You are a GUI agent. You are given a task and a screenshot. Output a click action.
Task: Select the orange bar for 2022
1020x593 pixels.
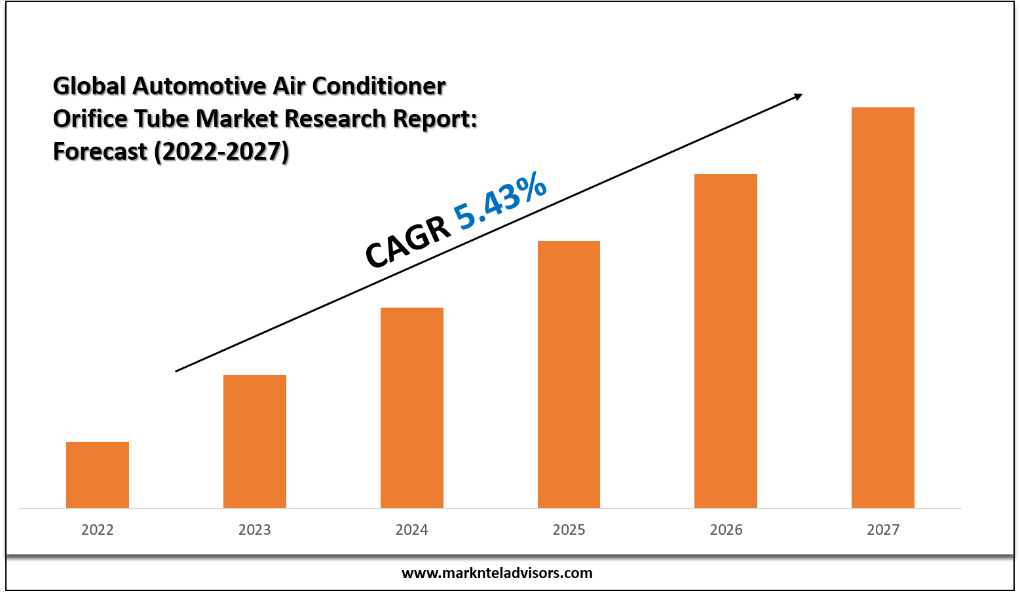[x=98, y=475]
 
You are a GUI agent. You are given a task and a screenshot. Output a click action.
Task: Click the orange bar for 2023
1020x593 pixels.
[x=255, y=441]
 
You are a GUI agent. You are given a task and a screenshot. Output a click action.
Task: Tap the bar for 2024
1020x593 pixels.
[x=412, y=407]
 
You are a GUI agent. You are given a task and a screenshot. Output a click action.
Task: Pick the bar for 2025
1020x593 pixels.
[x=569, y=374]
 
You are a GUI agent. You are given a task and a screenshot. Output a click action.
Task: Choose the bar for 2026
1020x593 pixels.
[x=726, y=340]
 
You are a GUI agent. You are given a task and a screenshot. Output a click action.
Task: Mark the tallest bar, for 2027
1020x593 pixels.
[x=883, y=307]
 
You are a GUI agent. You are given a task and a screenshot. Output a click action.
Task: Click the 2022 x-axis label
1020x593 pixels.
[x=98, y=530]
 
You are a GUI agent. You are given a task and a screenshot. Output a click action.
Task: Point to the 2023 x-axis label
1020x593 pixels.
[x=255, y=530]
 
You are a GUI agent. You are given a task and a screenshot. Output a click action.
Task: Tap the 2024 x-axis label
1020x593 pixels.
[x=412, y=530]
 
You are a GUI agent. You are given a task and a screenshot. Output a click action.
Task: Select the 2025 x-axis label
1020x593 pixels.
[x=569, y=530]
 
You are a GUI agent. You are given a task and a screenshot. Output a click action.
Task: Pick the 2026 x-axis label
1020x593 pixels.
[x=726, y=530]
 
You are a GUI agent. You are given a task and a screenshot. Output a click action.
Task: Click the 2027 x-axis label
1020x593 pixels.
[x=883, y=530]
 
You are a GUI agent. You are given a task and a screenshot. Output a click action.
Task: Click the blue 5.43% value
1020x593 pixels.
[x=501, y=201]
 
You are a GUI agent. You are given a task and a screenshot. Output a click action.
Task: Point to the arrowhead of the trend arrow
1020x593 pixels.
[x=798, y=97]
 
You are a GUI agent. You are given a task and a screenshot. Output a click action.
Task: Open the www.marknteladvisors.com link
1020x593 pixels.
[x=497, y=573]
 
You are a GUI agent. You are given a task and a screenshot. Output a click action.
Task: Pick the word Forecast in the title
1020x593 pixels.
[x=100, y=151]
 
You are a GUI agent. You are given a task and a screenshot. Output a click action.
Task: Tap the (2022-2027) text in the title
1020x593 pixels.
[x=221, y=151]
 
